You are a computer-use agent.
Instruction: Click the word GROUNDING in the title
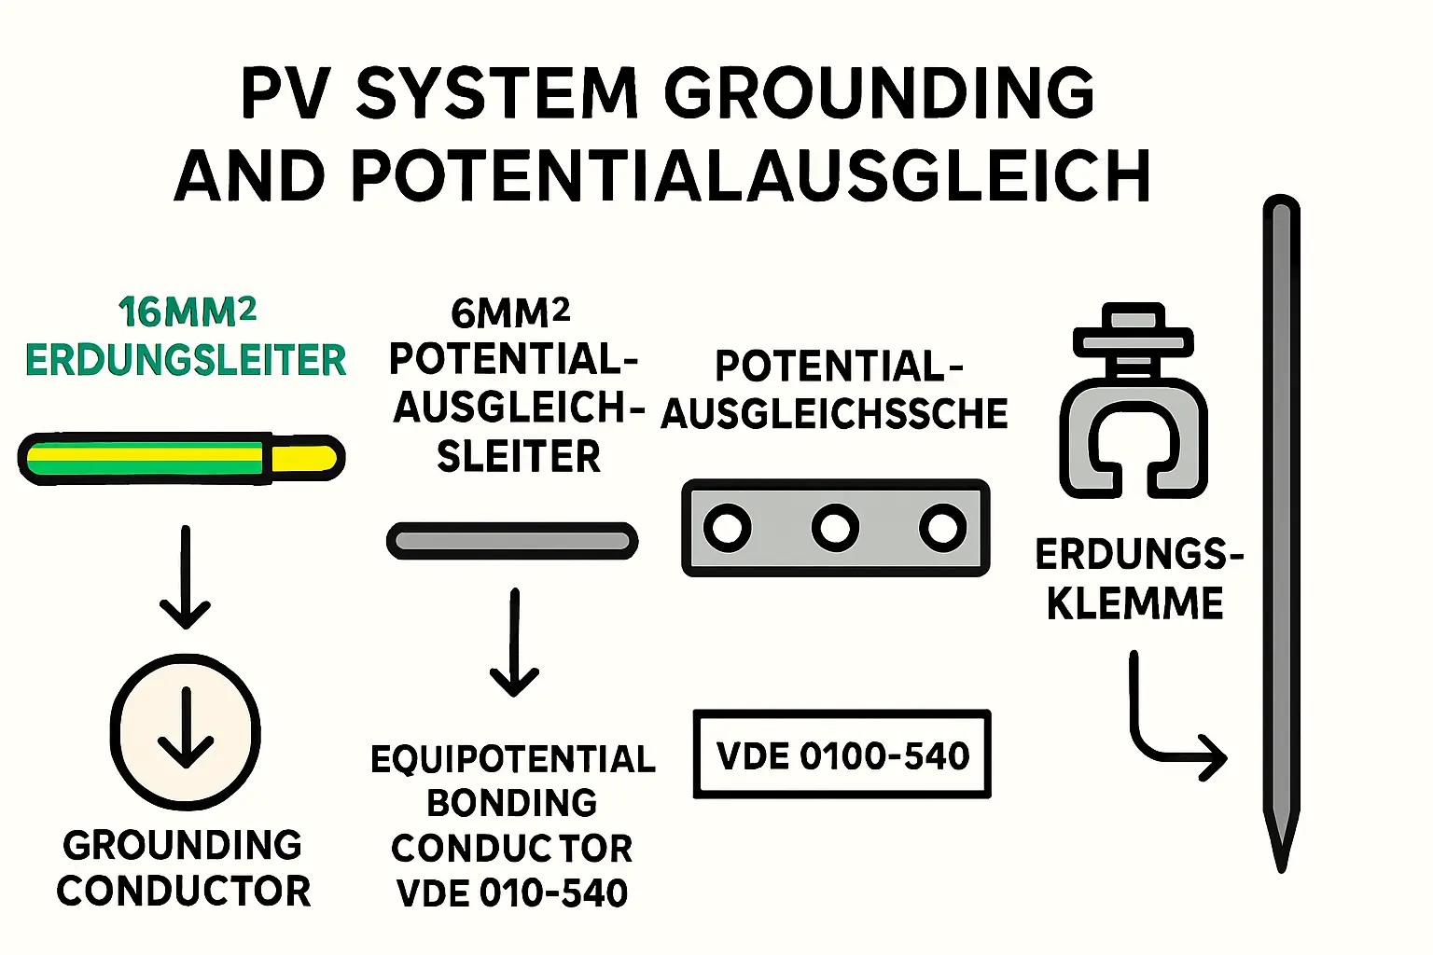click(x=879, y=93)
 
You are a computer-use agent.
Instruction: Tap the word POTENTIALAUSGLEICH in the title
click(x=750, y=176)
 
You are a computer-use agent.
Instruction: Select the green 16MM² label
click(x=188, y=312)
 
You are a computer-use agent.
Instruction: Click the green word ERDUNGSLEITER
click(x=186, y=361)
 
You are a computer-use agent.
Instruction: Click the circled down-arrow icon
click(x=186, y=731)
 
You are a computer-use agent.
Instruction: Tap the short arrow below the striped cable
click(x=186, y=578)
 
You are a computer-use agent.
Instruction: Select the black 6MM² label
click(x=510, y=312)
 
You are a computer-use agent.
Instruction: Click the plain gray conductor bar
click(x=512, y=541)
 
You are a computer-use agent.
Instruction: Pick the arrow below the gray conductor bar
click(x=514, y=644)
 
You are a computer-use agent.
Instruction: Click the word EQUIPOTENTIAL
click(x=513, y=759)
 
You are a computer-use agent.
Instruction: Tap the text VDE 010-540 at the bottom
click(x=512, y=893)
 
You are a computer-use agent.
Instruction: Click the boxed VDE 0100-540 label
click(x=842, y=755)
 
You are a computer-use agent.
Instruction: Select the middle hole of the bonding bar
click(x=835, y=528)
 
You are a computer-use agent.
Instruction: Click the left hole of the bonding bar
click(x=728, y=528)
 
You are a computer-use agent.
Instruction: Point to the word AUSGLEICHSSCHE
click(x=835, y=414)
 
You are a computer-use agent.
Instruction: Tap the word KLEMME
click(x=1134, y=603)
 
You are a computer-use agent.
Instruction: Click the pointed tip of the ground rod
click(x=1281, y=853)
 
